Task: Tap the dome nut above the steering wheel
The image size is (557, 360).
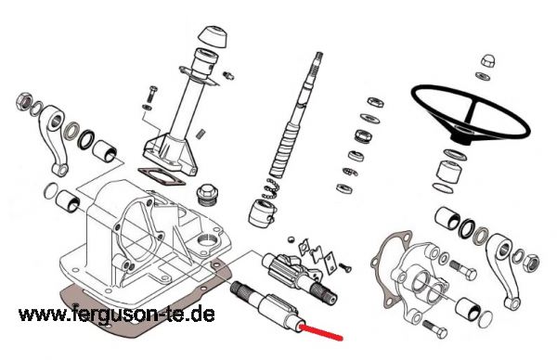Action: pyautogui.click(x=487, y=60)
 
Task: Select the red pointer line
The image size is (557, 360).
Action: pyautogui.click(x=321, y=332)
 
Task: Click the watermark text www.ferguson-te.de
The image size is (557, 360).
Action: pyautogui.click(x=117, y=315)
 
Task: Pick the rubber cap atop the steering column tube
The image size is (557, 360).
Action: pyautogui.click(x=212, y=37)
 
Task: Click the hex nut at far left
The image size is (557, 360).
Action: pyautogui.click(x=24, y=100)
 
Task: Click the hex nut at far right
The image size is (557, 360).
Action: pyautogui.click(x=531, y=263)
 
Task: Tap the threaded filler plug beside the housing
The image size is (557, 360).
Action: pyautogui.click(x=207, y=194)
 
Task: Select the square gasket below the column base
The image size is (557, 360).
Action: pyautogui.click(x=161, y=177)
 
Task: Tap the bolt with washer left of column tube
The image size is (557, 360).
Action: pyautogui.click(x=151, y=93)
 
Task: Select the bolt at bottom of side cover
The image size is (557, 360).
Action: pyautogui.click(x=435, y=329)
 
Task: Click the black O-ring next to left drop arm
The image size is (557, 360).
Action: pyautogui.click(x=86, y=139)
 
